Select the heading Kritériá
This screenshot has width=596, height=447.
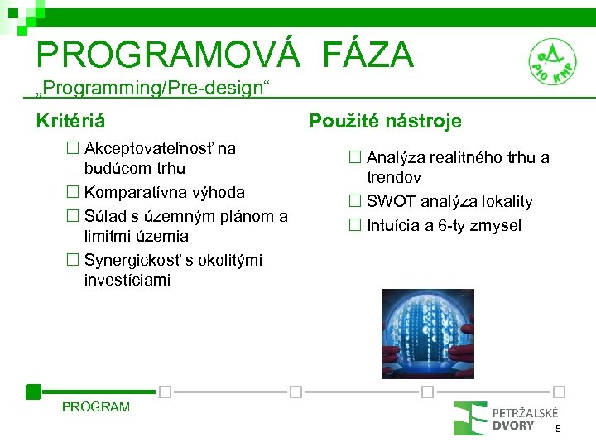click(x=70, y=122)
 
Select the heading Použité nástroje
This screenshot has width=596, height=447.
click(x=385, y=122)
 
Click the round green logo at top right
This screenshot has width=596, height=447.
click(x=552, y=62)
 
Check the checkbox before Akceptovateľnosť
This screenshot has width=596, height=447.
click(x=74, y=149)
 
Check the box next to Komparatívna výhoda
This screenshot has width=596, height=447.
click(x=74, y=193)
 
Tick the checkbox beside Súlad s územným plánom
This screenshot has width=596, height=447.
click(x=74, y=217)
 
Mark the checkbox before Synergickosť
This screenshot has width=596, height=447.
click(x=74, y=261)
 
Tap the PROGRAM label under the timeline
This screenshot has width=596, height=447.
click(x=96, y=406)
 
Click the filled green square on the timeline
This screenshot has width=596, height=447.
click(x=33, y=392)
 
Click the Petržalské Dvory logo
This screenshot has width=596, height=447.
click(x=505, y=418)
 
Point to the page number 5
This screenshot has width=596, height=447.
click(x=558, y=429)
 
